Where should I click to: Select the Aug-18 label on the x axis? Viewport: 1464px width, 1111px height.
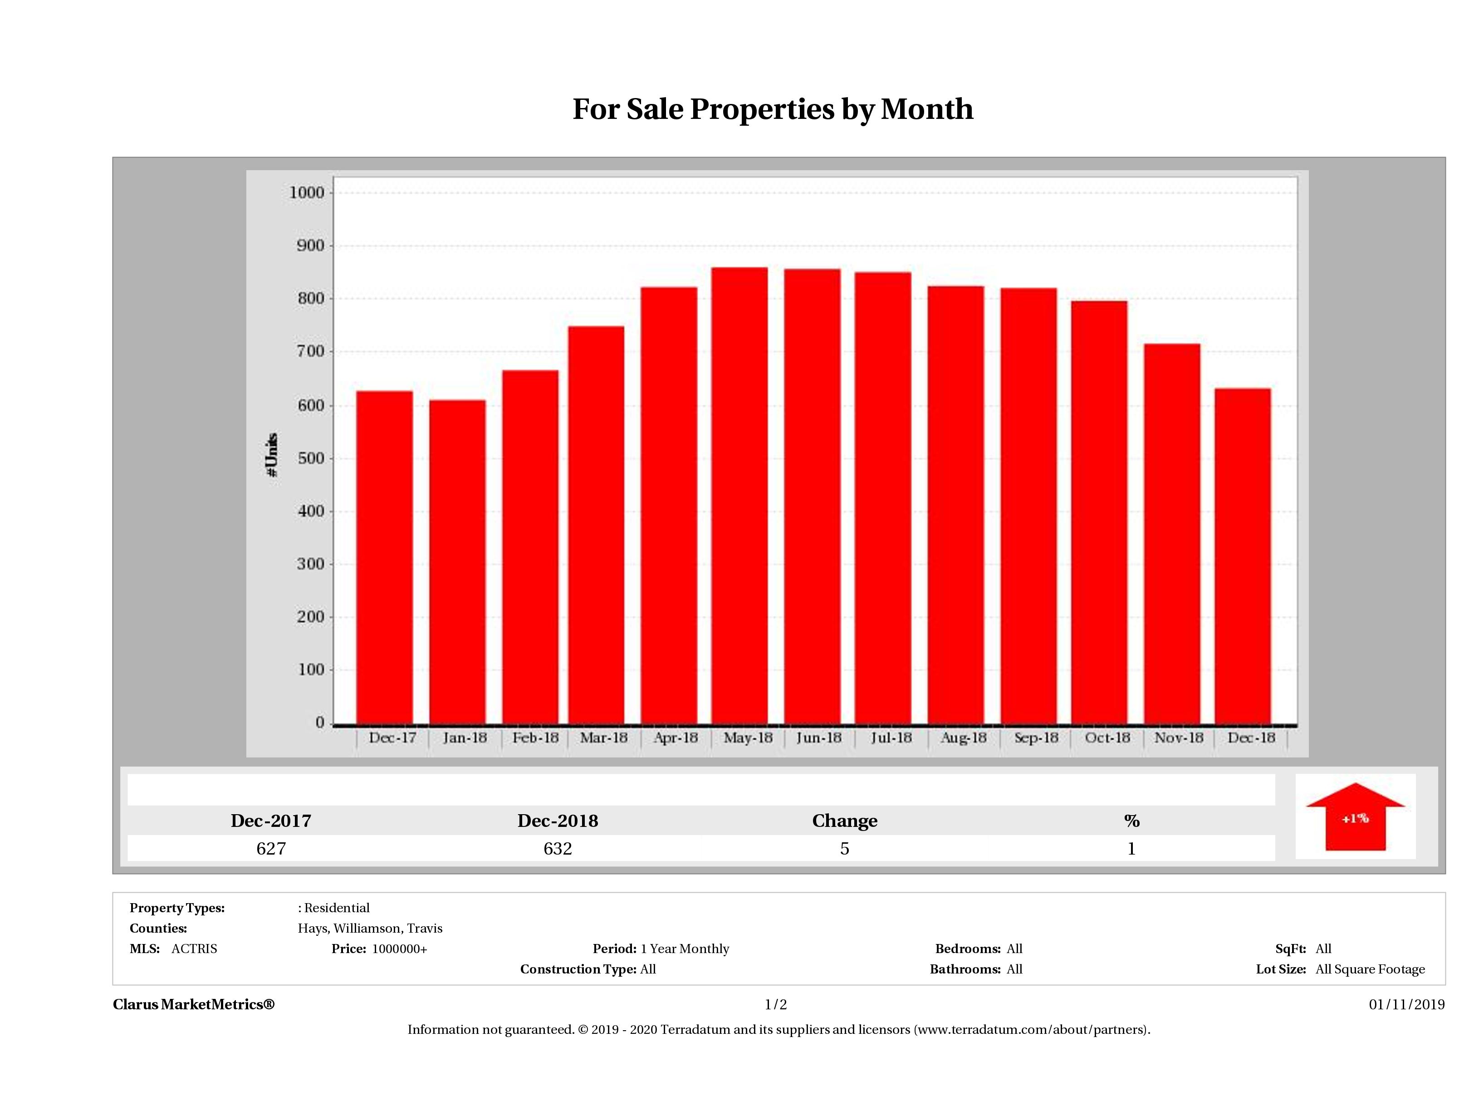pyautogui.click(x=963, y=737)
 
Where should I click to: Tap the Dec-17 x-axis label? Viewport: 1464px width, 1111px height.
pyautogui.click(x=392, y=737)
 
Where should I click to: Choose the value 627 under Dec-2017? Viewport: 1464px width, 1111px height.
pyautogui.click(x=271, y=848)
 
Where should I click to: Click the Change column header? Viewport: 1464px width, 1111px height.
pyautogui.click(x=845, y=821)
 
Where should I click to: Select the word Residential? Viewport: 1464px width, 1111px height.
pyautogui.click(x=337, y=908)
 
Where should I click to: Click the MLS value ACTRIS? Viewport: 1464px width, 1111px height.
pyautogui.click(x=194, y=949)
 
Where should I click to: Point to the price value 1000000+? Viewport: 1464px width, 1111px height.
pyautogui.click(x=399, y=949)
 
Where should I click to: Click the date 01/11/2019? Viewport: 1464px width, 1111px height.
pyautogui.click(x=1406, y=1004)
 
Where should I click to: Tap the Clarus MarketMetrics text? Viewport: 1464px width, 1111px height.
pyautogui.click(x=193, y=1004)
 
